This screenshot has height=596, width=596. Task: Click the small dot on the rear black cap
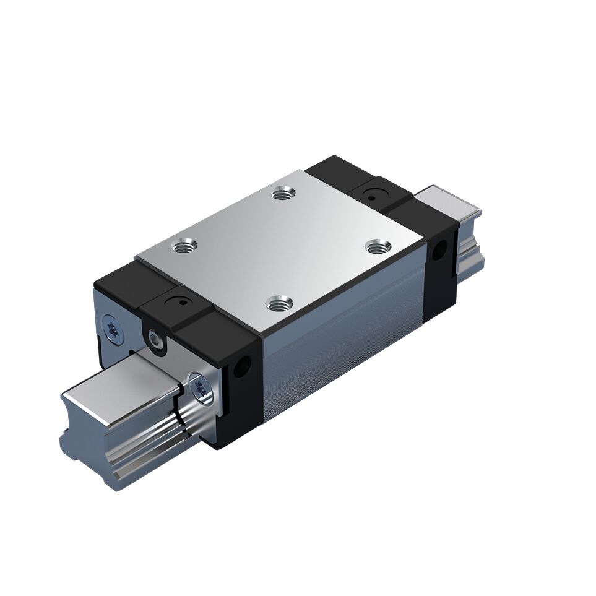pos(372,197)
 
